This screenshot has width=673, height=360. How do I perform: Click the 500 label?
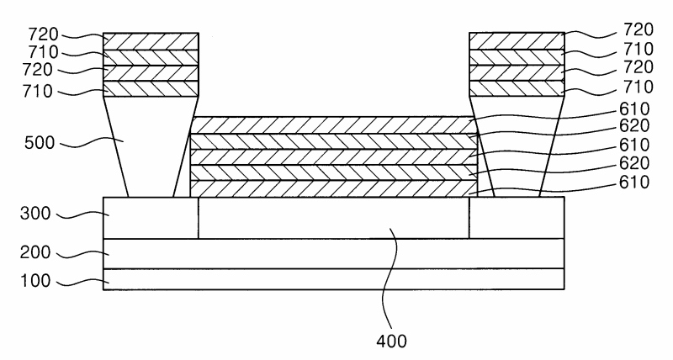point(40,143)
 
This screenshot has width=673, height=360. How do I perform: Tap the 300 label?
point(35,214)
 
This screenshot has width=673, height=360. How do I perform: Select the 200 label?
point(35,251)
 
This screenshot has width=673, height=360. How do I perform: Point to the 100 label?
point(35,281)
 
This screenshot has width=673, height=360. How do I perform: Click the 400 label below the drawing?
point(391,341)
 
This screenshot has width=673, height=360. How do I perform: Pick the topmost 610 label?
point(634,109)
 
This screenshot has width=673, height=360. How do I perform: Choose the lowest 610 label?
point(634,183)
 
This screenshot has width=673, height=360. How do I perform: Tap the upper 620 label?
point(634,125)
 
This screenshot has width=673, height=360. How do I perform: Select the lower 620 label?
point(634,163)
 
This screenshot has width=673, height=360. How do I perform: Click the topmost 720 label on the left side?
point(44,34)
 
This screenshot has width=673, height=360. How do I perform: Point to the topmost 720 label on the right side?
point(639,29)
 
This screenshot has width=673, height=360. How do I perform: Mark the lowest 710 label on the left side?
point(37,91)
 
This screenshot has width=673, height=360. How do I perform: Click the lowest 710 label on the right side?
point(639,87)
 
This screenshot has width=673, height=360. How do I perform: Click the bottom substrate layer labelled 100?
point(333,279)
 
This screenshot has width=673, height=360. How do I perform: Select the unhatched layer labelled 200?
point(333,253)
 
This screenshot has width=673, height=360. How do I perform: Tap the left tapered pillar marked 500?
point(151,146)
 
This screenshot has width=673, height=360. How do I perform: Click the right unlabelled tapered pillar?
point(517,146)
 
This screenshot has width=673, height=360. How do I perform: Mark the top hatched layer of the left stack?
point(151,41)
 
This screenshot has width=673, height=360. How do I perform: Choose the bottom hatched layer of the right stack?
point(517,88)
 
